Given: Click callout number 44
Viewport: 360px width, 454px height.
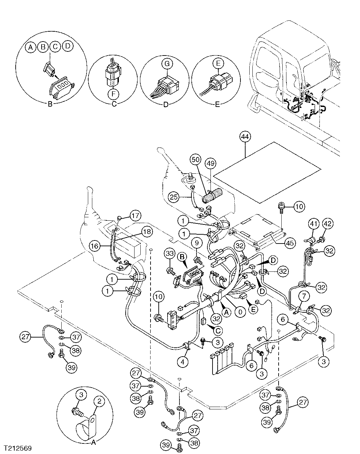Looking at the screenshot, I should coord(244,137).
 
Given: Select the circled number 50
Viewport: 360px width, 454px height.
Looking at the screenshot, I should coord(195,160).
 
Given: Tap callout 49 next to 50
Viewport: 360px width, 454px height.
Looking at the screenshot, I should coord(210,164).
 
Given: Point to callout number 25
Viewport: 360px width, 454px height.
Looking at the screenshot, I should coord(174,197).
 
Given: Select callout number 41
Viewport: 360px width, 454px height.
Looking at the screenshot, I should coord(313,224).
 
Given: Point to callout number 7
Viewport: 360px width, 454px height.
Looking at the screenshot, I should coord(304,294).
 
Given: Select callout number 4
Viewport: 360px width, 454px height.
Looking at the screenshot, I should coord(183,362).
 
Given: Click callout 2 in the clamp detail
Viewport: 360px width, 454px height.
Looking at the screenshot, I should coord(99,402).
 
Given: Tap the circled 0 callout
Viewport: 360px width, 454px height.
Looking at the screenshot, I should coord(240,311).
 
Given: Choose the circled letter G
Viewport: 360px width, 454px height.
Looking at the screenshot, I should coord(167,63).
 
